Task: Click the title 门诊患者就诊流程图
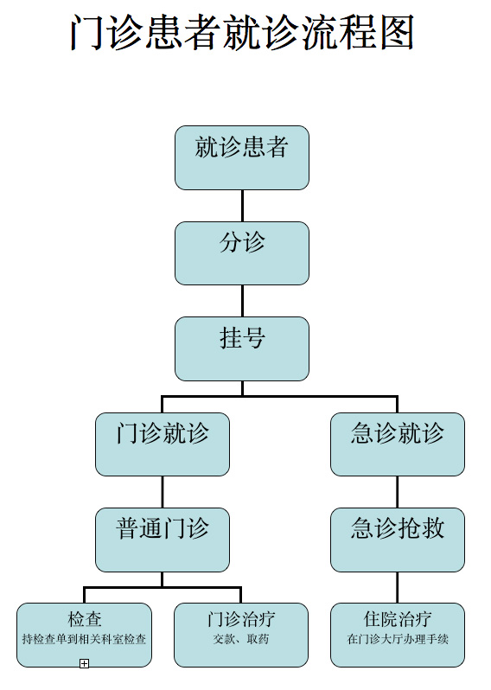pyautogui.click(x=242, y=33)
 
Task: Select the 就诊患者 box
pyautogui.click(x=242, y=157)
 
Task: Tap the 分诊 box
pyautogui.click(x=242, y=253)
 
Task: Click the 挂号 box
pyautogui.click(x=242, y=348)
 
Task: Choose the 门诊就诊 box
pyautogui.click(x=163, y=444)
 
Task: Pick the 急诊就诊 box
pyautogui.click(x=398, y=444)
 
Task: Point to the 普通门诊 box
pyautogui.click(x=163, y=540)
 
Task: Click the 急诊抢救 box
pyautogui.click(x=398, y=540)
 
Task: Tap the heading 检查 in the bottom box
pyautogui.click(x=85, y=619)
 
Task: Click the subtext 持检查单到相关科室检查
pyautogui.click(x=84, y=639)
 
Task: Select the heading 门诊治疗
pyautogui.click(x=241, y=619)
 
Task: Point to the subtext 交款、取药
pyautogui.click(x=241, y=639)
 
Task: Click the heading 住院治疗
pyautogui.click(x=398, y=619)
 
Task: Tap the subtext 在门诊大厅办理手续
pyautogui.click(x=398, y=639)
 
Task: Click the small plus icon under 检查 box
pyautogui.click(x=84, y=663)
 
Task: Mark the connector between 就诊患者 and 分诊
pyautogui.click(x=242, y=206)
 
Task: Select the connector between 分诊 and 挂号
pyautogui.click(x=242, y=301)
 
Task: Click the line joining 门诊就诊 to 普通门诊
pyautogui.click(x=163, y=492)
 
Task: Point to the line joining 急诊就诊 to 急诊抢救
pyautogui.click(x=398, y=492)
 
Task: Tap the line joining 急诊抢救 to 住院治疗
pyautogui.click(x=398, y=587)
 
